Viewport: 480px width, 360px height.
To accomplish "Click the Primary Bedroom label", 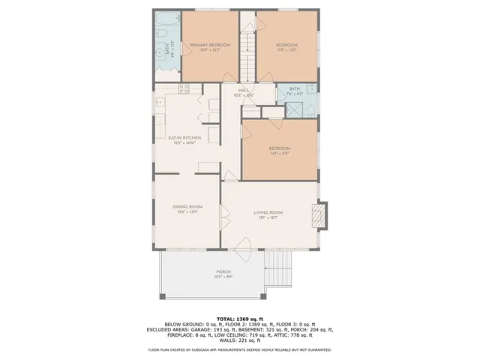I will [x=209, y=46].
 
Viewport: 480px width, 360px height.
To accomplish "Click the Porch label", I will [x=223, y=271].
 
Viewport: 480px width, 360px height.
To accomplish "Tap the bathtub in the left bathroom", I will [x=166, y=20].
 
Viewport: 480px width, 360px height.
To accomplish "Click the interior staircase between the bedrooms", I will [x=247, y=52].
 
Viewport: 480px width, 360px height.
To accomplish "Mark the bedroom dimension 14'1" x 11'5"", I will [x=279, y=154].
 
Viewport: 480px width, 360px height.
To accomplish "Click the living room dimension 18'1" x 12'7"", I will [x=268, y=218].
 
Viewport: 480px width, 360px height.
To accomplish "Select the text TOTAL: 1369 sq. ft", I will [x=240, y=319].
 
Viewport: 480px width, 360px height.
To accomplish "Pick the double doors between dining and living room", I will [x=221, y=217].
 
